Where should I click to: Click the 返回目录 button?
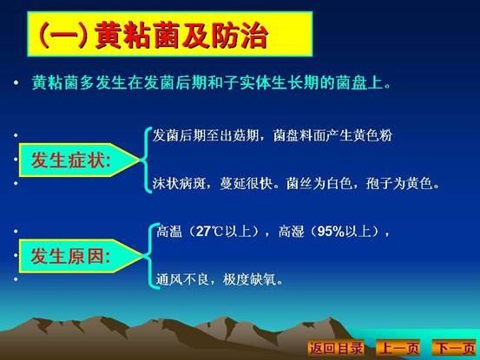(336, 348)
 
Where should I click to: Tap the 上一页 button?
(398, 348)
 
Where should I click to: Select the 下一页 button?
(455, 348)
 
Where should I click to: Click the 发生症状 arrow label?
(79, 160)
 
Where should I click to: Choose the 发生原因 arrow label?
(80, 256)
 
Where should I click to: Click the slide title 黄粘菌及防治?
(181, 36)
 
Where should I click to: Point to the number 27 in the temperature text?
(203, 232)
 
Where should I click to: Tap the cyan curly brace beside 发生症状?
(146, 160)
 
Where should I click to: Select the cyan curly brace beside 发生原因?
(150, 256)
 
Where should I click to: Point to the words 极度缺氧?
(249, 279)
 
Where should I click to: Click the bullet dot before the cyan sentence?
(16, 82)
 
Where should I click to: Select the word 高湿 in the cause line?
(292, 232)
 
